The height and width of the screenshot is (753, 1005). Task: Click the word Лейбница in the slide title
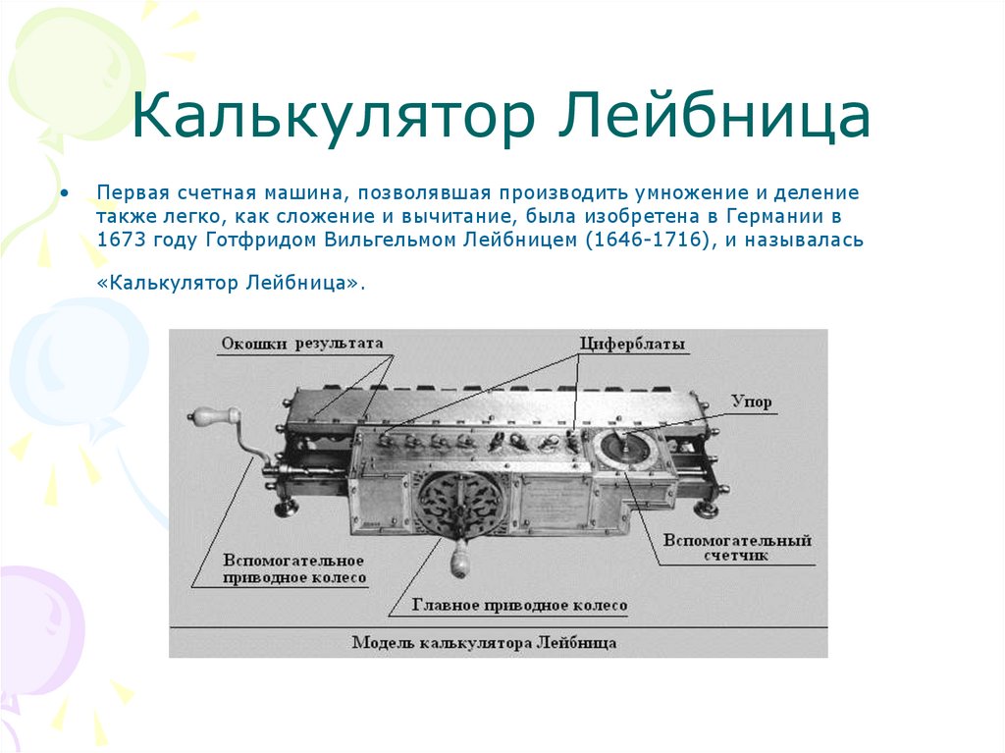(x=715, y=117)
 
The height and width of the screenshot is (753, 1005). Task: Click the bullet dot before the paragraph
(x=65, y=191)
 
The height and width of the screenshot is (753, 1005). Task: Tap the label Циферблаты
(x=632, y=345)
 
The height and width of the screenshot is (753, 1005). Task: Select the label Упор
(x=752, y=402)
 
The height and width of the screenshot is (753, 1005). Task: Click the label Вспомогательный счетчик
(x=737, y=548)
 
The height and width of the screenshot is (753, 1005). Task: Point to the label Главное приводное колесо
(x=519, y=606)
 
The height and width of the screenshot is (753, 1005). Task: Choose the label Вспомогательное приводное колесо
(x=293, y=568)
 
